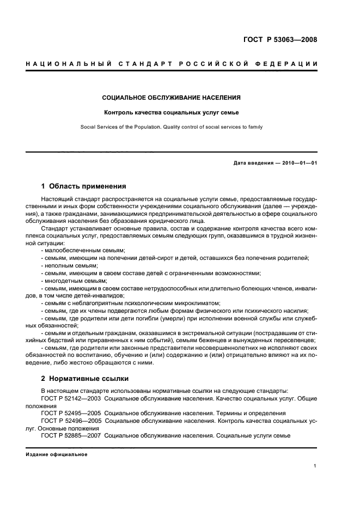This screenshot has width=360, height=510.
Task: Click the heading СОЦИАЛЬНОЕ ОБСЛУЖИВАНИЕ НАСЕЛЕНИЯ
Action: [172, 98]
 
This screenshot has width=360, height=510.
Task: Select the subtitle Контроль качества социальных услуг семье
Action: [172, 113]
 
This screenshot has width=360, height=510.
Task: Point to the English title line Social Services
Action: [172, 126]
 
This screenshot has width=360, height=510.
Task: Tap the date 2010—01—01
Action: [299, 163]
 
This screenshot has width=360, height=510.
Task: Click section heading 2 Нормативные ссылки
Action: [86, 378]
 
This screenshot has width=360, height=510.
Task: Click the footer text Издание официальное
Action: [56, 454]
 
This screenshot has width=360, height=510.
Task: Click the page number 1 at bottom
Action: [315, 466]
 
